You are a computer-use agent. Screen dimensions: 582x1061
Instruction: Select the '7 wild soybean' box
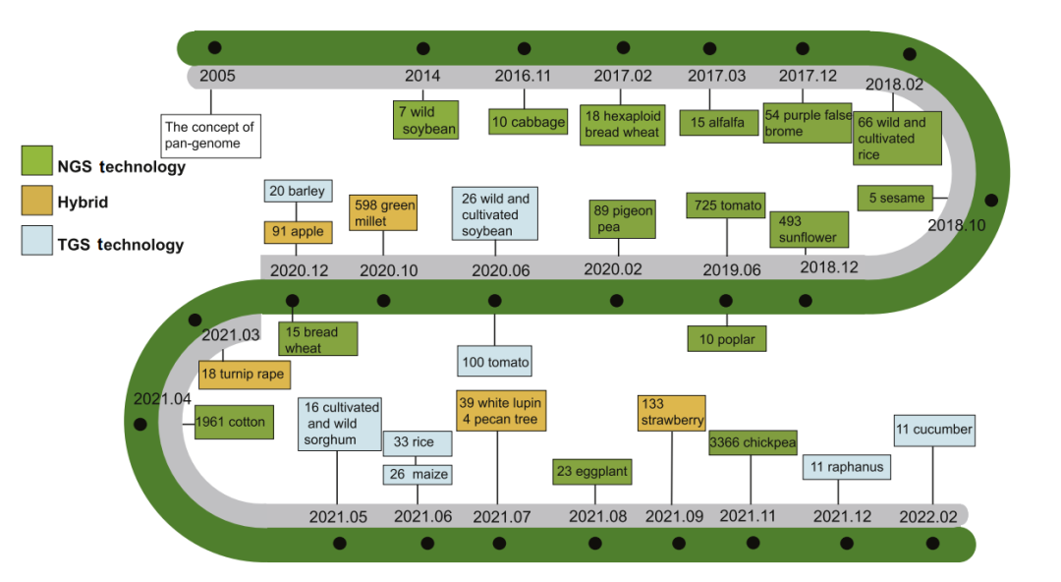pos(424,120)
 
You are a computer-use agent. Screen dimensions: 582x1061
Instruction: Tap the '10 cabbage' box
pos(529,122)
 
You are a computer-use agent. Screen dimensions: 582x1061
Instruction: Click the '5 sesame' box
pos(895,198)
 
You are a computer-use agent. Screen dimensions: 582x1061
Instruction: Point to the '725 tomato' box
pos(726,205)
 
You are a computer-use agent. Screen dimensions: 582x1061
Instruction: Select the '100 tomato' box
pos(495,362)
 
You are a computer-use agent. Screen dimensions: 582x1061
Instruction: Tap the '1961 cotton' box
pos(231,423)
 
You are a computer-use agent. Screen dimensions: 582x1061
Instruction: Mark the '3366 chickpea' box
pos(753,442)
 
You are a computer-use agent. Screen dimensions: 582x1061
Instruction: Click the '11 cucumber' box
pos(933,430)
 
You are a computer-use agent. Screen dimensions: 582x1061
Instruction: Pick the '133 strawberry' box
pos(672,412)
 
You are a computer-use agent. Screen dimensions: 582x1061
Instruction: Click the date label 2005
pos(217,76)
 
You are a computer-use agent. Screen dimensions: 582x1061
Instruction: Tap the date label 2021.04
pos(161,399)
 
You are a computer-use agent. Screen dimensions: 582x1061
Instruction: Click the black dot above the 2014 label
pos(423,48)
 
